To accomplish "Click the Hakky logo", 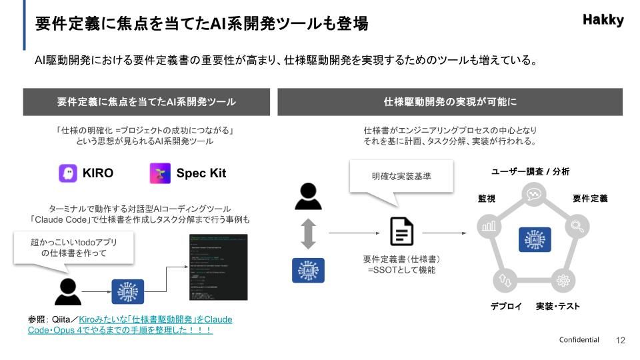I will click(x=603, y=20).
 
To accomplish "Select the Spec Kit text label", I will click(x=201, y=173).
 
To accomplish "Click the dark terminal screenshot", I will click(x=218, y=267).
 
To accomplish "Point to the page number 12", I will click(x=621, y=340).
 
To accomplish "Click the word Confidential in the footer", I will click(x=579, y=340).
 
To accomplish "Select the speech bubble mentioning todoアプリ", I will click(x=73, y=248).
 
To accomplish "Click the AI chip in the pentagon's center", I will click(x=533, y=239).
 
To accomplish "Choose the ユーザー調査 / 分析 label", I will click(x=531, y=172).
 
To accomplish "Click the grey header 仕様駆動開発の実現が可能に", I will click(x=451, y=102).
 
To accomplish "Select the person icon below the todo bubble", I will click(x=67, y=291).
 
